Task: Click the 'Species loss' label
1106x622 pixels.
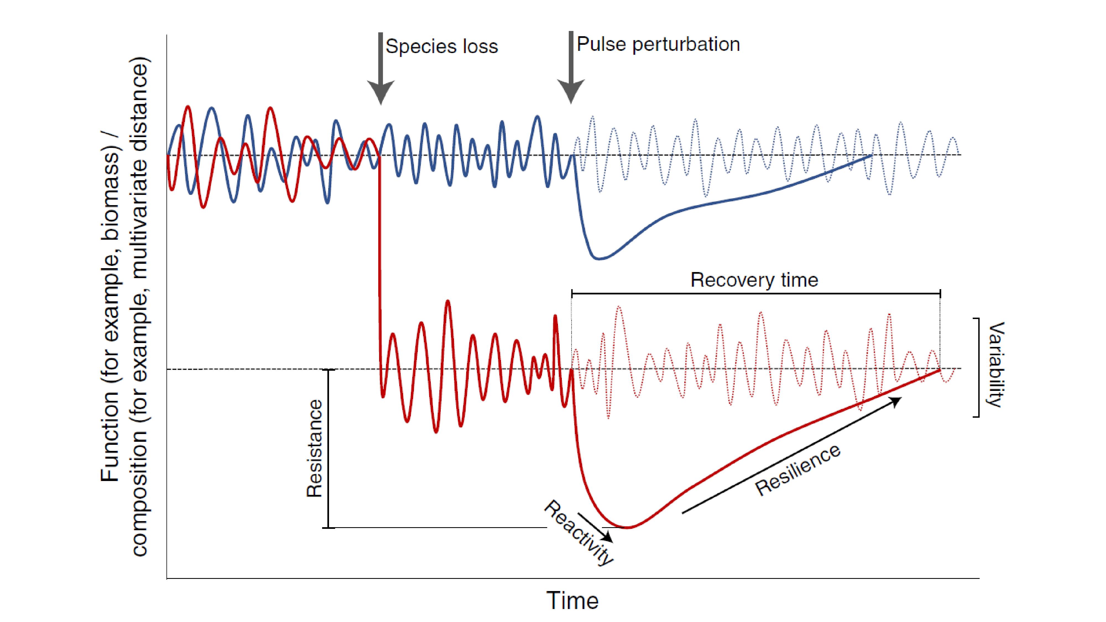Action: [x=441, y=46]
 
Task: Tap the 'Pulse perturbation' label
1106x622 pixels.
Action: [x=658, y=44]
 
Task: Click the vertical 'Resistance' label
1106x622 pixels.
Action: [x=315, y=449]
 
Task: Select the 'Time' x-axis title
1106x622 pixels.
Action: [x=572, y=600]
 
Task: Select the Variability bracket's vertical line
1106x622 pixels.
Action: [x=979, y=367]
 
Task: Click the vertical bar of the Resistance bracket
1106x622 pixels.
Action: [x=328, y=449]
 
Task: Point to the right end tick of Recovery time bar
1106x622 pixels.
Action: [x=940, y=294]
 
